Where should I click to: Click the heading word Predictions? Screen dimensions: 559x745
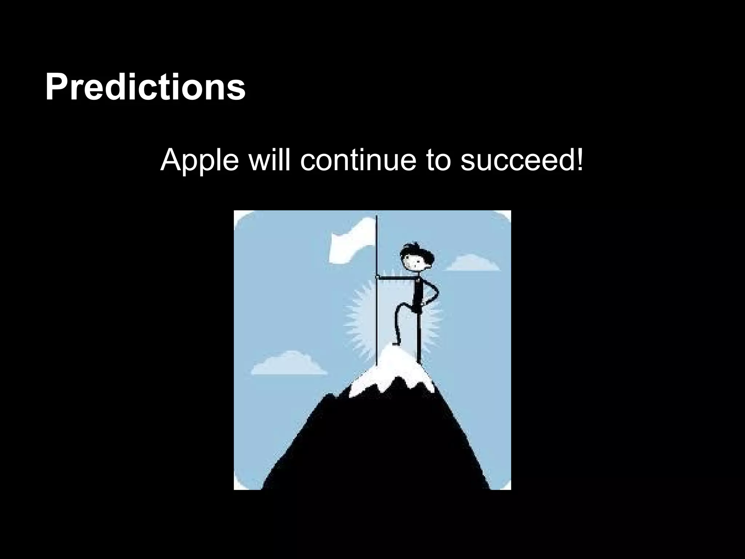pos(145,88)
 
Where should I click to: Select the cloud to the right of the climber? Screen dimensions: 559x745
pos(472,263)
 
